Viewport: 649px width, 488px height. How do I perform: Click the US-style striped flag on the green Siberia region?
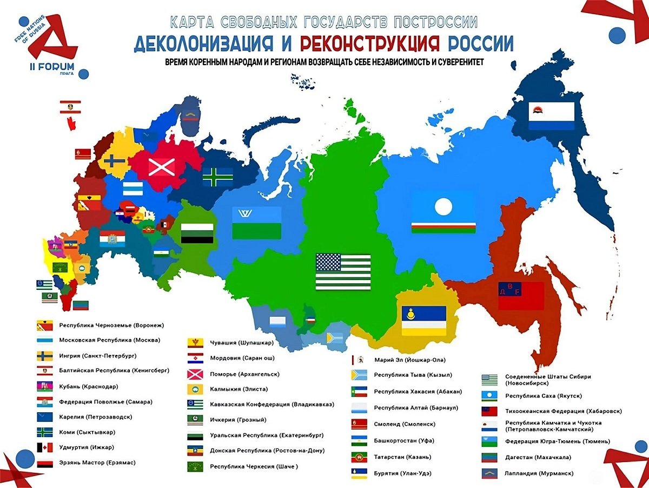click(x=343, y=271)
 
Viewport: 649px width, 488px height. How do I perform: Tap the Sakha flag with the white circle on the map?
click(x=443, y=214)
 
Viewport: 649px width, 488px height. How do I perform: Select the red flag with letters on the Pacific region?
click(x=521, y=295)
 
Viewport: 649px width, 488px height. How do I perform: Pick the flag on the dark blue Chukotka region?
click(x=551, y=116)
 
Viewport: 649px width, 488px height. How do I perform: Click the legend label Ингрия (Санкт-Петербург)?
click(x=97, y=356)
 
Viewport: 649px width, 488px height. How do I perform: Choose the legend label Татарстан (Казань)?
click(x=402, y=457)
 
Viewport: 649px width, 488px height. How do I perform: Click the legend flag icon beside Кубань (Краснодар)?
click(x=44, y=387)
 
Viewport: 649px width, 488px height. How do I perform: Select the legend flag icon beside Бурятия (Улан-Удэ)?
click(x=360, y=473)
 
